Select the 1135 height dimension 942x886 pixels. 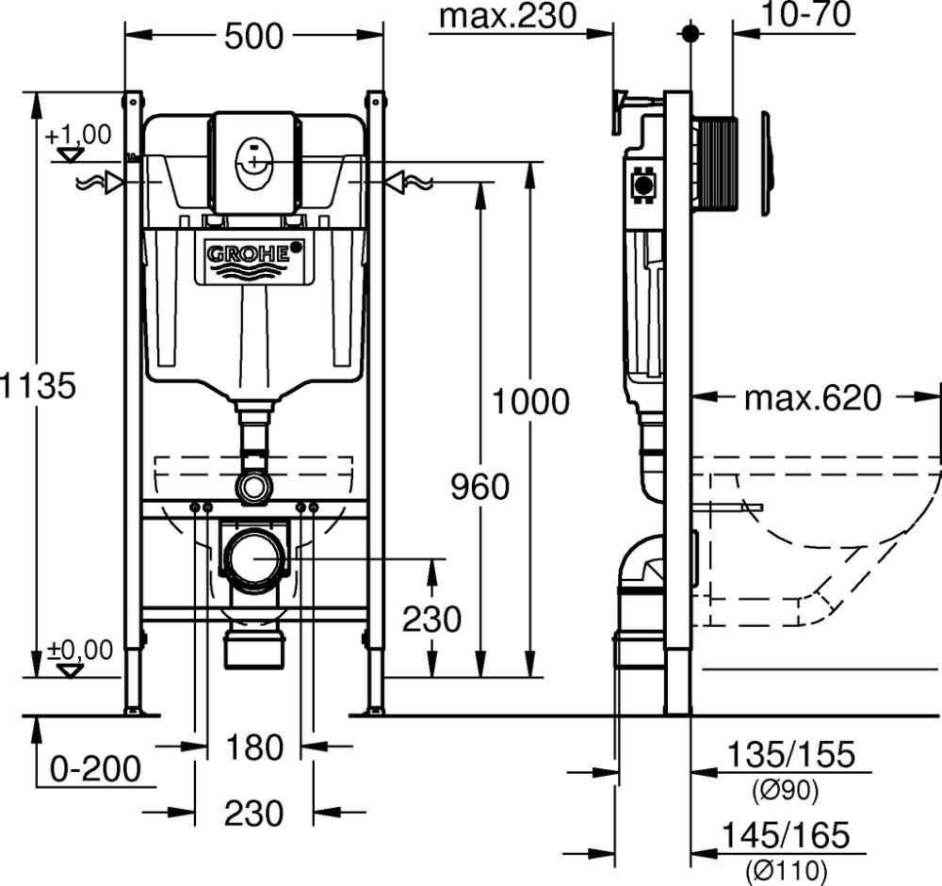coord(38,385)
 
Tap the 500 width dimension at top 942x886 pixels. coord(253,37)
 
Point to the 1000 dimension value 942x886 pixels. coord(532,401)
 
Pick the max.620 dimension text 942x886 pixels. coord(813,398)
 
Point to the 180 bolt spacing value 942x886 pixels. coord(254,748)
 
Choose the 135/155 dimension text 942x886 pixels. coord(790,754)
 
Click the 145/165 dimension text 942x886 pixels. coord(790,834)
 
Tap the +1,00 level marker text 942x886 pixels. coord(77,134)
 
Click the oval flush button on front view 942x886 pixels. coord(254,159)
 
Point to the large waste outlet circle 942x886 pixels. coord(254,559)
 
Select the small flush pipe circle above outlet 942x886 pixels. coord(254,486)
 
